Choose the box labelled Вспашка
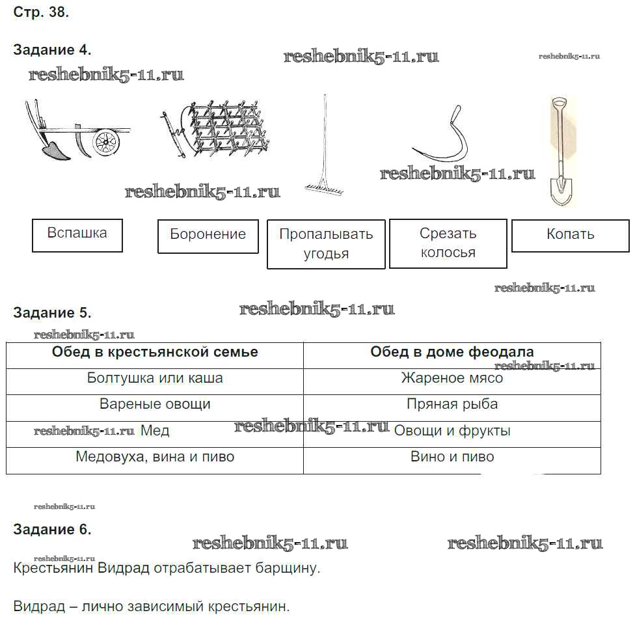coord(77,235)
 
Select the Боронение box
coord(208,236)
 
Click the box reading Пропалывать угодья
coord(326,244)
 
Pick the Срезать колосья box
coord(448,243)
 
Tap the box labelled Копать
coord(570,236)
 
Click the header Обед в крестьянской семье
coord(155,353)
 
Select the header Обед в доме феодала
coord(452,353)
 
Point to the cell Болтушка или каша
coord(155,378)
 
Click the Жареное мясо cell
coord(452,378)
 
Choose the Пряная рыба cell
coord(452,404)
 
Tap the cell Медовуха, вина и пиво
coord(155,457)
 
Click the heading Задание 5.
coord(52,313)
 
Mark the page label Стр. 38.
coord(41,12)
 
